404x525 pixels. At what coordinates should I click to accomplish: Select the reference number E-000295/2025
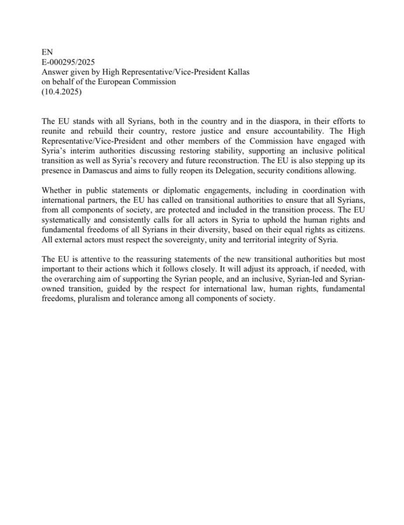click(x=67, y=61)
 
